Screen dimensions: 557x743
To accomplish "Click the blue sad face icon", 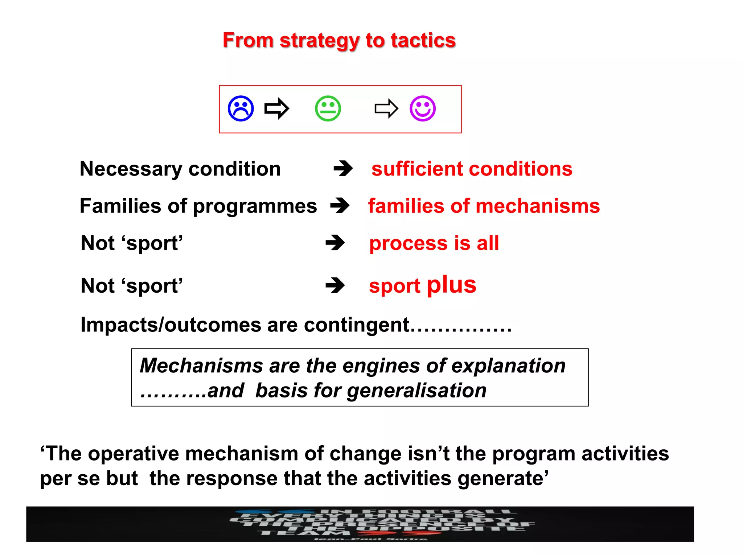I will coord(241,108).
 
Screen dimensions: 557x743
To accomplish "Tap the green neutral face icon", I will coord(328,108).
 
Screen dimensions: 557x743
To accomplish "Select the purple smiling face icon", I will coord(423,108).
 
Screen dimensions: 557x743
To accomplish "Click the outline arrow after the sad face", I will coord(277,108).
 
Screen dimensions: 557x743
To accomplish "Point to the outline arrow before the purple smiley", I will coord(386,108).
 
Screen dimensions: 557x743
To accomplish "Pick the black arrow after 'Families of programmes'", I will coord(340,206).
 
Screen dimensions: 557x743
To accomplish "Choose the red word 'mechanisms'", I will coord(537,206).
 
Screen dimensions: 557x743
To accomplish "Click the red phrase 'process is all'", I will coord(434,243).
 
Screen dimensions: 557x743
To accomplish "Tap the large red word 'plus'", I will coord(451,285).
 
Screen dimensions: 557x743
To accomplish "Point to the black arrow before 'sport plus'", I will coord(335,285).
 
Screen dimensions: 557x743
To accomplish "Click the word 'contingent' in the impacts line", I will coord(357,325).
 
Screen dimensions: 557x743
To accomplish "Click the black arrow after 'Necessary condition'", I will coord(343,169).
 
